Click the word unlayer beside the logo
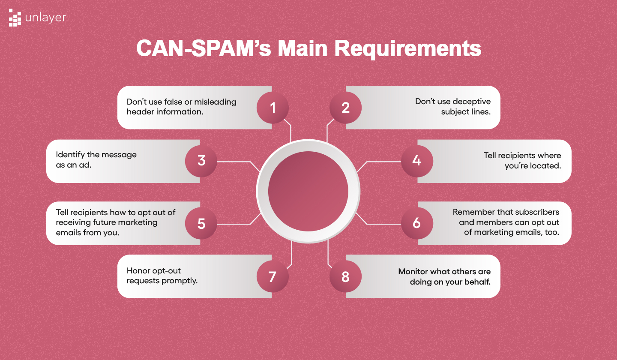pos(46,18)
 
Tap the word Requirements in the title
pos(408,48)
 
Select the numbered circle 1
pos(273,107)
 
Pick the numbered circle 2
pos(345,107)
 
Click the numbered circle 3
pos(201,161)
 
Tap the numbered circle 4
pos(416,161)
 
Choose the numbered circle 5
pos(201,223)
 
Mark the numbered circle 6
pos(416,223)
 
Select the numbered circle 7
pos(273,276)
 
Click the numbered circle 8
pos(345,276)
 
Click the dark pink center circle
pos(308,192)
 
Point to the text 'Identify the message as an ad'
pos(96,159)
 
